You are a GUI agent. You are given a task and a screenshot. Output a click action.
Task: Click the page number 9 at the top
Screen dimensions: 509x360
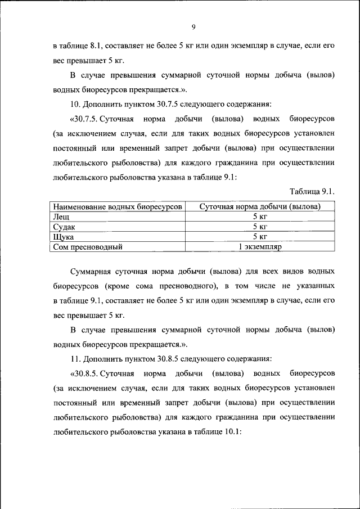[193, 26]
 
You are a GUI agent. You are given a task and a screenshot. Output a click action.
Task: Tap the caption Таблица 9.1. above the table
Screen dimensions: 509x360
[312, 192]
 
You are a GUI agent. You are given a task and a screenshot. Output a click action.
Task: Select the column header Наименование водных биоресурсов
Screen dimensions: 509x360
[117, 206]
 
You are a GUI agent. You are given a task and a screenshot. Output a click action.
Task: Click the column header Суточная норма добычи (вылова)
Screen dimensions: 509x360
[260, 206]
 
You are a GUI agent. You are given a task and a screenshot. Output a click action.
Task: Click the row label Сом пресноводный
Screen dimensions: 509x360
[87, 246]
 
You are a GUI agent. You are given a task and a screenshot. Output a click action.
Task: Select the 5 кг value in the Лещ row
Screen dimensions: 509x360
[260, 217]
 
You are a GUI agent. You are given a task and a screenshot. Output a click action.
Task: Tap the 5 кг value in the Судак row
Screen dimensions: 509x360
[260, 227]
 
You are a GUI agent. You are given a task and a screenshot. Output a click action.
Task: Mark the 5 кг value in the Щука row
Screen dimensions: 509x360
[260, 236]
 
